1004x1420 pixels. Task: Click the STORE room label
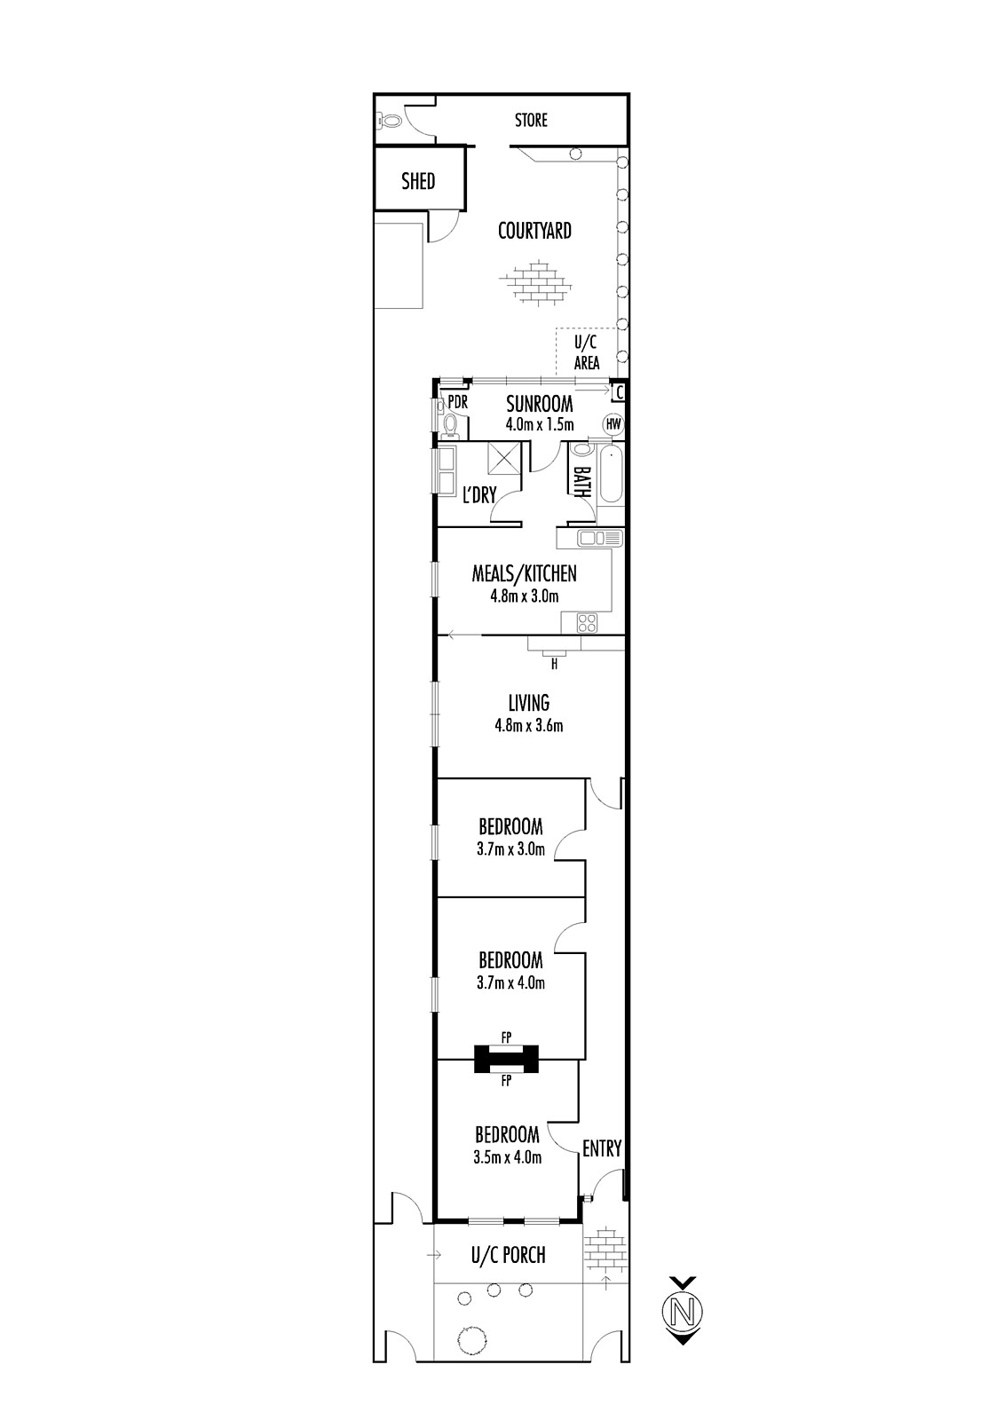point(531,120)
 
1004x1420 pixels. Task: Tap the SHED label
point(418,181)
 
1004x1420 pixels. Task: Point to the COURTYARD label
point(534,231)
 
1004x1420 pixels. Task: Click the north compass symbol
point(683,1310)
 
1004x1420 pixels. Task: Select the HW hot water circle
point(613,424)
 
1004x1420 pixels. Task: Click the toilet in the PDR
point(450,425)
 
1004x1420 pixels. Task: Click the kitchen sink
point(599,538)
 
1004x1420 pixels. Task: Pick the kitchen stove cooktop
point(588,622)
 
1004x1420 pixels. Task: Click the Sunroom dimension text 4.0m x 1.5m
point(540,424)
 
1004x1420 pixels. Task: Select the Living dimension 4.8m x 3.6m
point(529,725)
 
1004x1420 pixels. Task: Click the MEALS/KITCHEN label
point(525,573)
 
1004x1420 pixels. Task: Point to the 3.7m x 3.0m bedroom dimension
point(510,848)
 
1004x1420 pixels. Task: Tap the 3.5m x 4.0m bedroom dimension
point(508,1157)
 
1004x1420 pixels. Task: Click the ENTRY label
point(602,1148)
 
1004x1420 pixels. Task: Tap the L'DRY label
point(478,494)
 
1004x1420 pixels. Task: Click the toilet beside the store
point(388,120)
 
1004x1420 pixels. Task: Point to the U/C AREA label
point(587,352)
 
